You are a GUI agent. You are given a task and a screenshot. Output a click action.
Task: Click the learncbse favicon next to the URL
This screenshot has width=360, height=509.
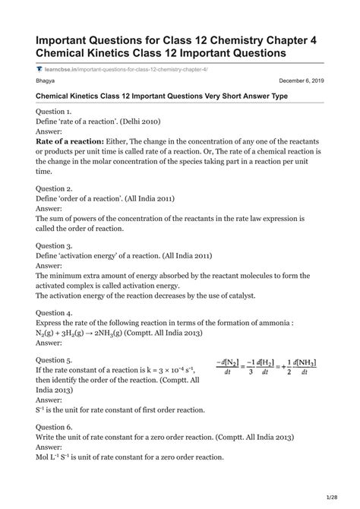[x=39, y=68]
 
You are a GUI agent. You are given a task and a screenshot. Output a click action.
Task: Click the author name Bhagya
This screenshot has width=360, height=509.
[x=46, y=80]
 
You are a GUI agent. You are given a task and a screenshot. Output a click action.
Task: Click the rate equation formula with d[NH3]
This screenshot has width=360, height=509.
[x=266, y=368]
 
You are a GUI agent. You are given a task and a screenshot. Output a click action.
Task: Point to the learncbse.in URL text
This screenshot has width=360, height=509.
[x=122, y=68]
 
